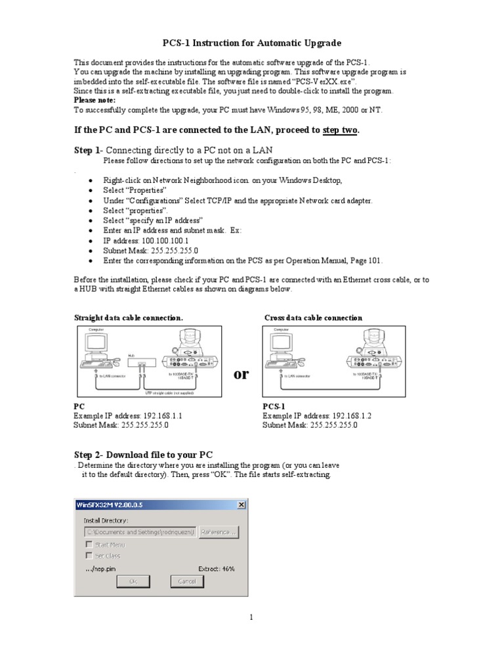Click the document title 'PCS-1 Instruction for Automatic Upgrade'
coord(252,43)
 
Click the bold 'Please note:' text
coord(94,100)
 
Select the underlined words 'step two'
coord(340,130)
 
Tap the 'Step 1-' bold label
coord(88,150)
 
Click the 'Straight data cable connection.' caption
coord(128,318)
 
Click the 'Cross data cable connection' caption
coord(313,318)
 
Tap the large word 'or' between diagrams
coord(241,374)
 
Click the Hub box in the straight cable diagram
coord(140,362)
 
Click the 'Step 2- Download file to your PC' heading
coord(143,455)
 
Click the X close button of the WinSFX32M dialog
coord(241,505)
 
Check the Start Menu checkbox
coord(89,545)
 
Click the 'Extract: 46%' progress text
coord(216,569)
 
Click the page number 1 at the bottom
coord(251,617)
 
